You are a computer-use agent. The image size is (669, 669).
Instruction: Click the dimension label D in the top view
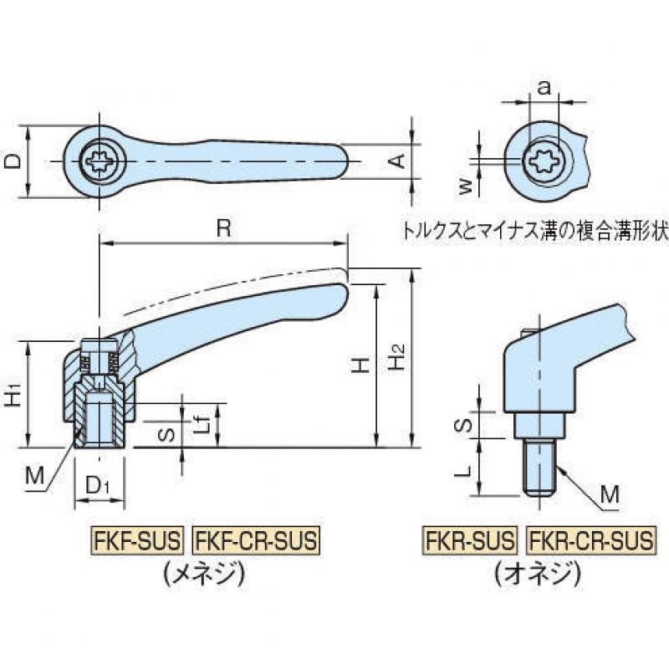click(13, 161)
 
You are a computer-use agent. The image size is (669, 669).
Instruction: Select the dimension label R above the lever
click(223, 229)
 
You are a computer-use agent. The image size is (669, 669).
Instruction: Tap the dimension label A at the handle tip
click(398, 161)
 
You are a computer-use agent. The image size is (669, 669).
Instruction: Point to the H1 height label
click(13, 394)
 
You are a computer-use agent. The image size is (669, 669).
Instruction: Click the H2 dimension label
click(396, 357)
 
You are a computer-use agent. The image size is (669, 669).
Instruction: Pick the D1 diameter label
click(98, 485)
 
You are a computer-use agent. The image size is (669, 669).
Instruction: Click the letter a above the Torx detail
click(544, 88)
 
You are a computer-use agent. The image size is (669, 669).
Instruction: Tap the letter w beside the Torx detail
click(467, 186)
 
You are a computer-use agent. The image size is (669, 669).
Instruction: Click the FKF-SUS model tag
click(137, 540)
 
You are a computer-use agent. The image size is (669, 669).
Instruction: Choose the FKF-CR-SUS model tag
click(257, 540)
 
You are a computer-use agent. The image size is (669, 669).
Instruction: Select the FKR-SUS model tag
click(469, 540)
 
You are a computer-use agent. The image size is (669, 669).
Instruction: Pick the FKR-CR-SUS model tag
click(590, 540)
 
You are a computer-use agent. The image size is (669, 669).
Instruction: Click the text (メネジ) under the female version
click(205, 574)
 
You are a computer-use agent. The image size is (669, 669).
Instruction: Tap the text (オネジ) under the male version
click(539, 574)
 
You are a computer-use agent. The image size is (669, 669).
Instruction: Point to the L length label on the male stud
click(467, 471)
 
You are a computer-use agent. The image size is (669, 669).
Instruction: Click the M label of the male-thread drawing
click(610, 495)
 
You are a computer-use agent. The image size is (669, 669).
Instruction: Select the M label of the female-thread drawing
click(34, 475)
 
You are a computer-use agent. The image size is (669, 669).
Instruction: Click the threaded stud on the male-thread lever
click(539, 469)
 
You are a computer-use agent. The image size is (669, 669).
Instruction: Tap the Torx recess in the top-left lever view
click(99, 161)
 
